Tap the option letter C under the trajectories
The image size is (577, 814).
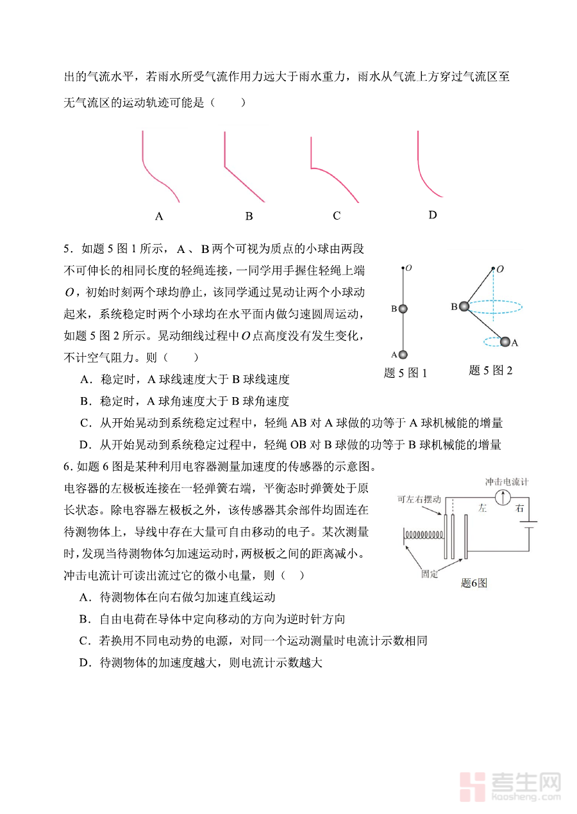[x=337, y=216]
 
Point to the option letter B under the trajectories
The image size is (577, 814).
[x=249, y=216]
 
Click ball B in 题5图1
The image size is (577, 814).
[x=403, y=309]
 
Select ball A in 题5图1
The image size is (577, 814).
[x=403, y=354]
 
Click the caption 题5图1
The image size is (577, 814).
[x=405, y=373]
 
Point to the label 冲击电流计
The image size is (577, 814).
[x=506, y=481]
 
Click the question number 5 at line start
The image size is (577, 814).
[x=67, y=249]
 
